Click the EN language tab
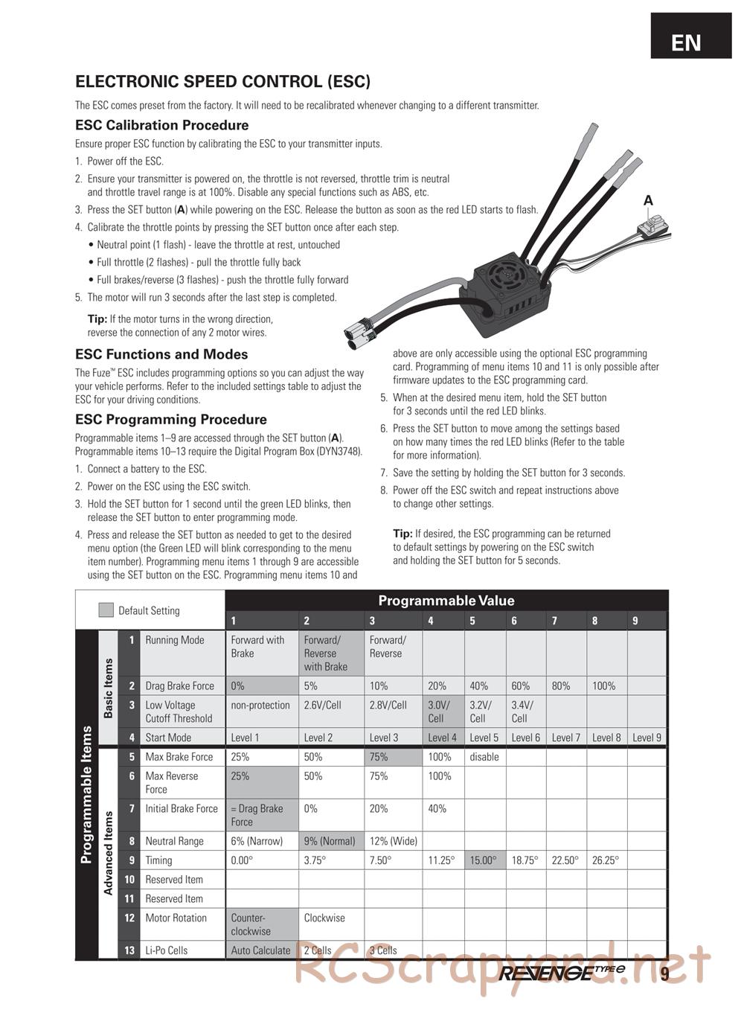685,42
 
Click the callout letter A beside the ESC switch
648,200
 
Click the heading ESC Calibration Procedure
161,125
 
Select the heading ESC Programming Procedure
170,419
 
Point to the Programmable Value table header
446,601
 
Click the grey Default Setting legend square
106,610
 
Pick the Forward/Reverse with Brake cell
331,653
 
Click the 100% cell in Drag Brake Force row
604,685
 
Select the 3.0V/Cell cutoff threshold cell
443,712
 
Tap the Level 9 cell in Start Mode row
647,738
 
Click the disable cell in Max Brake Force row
484,757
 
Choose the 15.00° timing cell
484,860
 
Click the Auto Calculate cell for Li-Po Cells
260,950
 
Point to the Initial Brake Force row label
182,809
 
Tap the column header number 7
554,621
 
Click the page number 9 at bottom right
664,973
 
